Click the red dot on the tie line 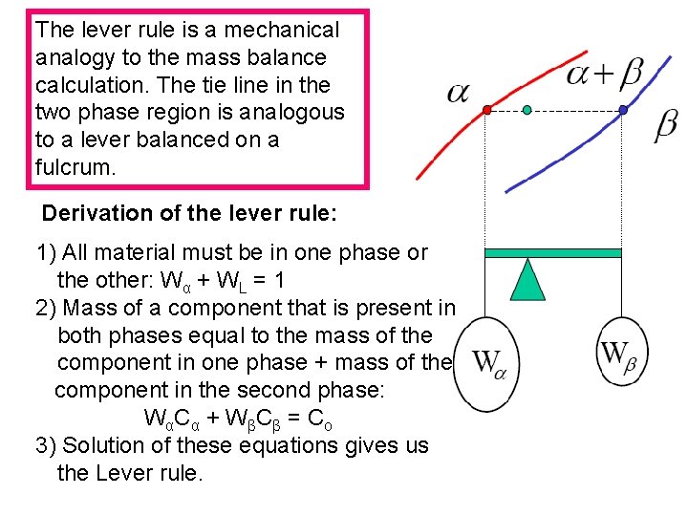[x=486, y=111]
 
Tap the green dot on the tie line [x=527, y=111]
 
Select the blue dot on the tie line [x=623, y=111]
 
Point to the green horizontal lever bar [x=553, y=253]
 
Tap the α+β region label [x=604, y=73]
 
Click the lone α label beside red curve [x=459, y=92]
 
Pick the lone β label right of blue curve [x=666, y=125]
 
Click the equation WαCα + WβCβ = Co [x=238, y=419]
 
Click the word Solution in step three [x=105, y=445]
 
